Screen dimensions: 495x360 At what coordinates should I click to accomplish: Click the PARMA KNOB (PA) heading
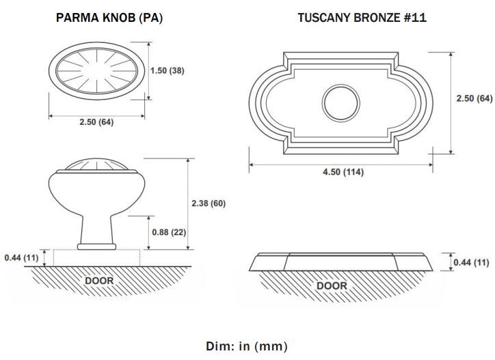point(109,18)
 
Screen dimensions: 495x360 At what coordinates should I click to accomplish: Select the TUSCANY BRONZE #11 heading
point(362,18)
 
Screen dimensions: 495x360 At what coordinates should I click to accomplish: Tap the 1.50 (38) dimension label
point(167,70)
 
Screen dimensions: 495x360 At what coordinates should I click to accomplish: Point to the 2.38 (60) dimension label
point(209,203)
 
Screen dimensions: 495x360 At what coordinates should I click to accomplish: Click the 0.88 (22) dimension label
point(169,232)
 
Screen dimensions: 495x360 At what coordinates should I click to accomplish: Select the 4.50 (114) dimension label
point(343,172)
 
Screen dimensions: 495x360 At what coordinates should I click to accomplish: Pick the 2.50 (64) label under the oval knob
point(96,122)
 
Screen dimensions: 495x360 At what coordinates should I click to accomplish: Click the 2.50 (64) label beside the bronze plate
point(474,98)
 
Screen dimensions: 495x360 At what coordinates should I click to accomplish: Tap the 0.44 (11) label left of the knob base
point(21,258)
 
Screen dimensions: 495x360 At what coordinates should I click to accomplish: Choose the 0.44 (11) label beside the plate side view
point(471,262)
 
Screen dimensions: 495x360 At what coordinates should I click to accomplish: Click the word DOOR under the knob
point(99,281)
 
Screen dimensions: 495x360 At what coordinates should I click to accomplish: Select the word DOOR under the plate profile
point(332,286)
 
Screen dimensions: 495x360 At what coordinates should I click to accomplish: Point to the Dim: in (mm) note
point(247,346)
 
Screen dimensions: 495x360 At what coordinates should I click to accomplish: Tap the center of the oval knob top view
point(96,71)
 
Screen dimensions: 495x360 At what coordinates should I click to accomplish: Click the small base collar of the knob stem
point(96,247)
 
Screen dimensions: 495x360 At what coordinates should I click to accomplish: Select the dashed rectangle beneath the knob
point(96,258)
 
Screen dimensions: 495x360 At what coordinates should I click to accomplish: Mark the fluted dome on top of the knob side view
point(96,165)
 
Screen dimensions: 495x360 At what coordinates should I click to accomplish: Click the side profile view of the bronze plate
point(340,262)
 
